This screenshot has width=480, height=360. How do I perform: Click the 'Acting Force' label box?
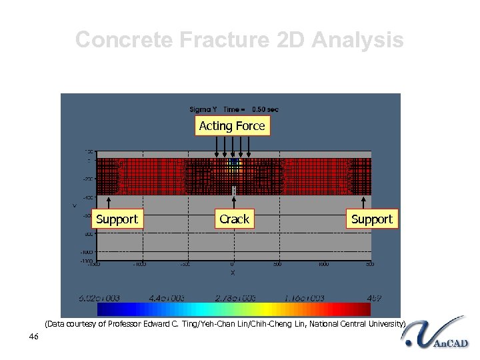tap(232, 126)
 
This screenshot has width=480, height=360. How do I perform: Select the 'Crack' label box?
tap(234, 219)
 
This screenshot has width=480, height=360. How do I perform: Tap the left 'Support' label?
tap(117, 219)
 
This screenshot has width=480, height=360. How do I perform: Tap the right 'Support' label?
tap(371, 219)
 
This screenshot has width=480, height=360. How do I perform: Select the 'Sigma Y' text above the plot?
tap(203, 109)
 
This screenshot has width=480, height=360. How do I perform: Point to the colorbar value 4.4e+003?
tap(167, 298)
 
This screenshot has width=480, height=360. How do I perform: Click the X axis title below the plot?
tap(232, 273)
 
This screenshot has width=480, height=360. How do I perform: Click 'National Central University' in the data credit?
tap(353, 324)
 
